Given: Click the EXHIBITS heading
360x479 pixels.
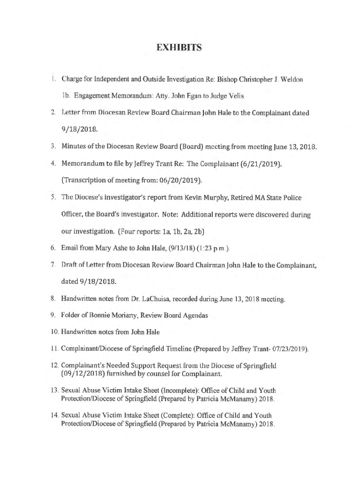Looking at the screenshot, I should (x=179, y=47).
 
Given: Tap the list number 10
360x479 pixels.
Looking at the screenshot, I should (x=55, y=332).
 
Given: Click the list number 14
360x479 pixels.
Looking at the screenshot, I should (x=55, y=415).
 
